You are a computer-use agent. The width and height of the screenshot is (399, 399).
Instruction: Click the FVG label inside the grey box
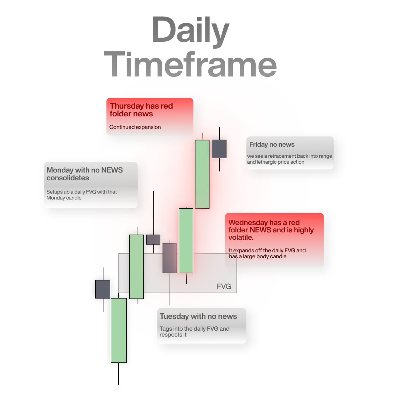pos(224,286)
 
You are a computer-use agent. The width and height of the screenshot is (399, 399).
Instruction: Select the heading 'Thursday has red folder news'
pos(141,110)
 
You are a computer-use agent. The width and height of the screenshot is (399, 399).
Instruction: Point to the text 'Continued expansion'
pos(135,127)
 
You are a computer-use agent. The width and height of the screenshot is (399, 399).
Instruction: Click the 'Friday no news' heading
pos(272,144)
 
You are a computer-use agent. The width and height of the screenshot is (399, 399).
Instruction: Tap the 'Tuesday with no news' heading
pos(198,316)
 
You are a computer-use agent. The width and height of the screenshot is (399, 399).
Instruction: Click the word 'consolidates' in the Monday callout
pos(68,178)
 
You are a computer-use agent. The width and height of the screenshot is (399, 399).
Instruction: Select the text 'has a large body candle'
pos(258,256)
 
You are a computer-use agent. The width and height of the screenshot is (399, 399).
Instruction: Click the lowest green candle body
pos(119,330)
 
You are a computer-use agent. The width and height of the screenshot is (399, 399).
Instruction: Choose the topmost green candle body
pos(202,174)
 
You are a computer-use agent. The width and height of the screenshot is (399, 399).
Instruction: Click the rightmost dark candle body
pos(219,149)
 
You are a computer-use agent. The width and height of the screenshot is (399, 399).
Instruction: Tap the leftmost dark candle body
pos(103,289)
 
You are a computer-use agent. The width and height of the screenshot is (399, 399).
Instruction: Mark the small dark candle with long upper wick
pos(153,239)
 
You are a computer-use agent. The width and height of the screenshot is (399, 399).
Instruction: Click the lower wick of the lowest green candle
pos(119,373)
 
